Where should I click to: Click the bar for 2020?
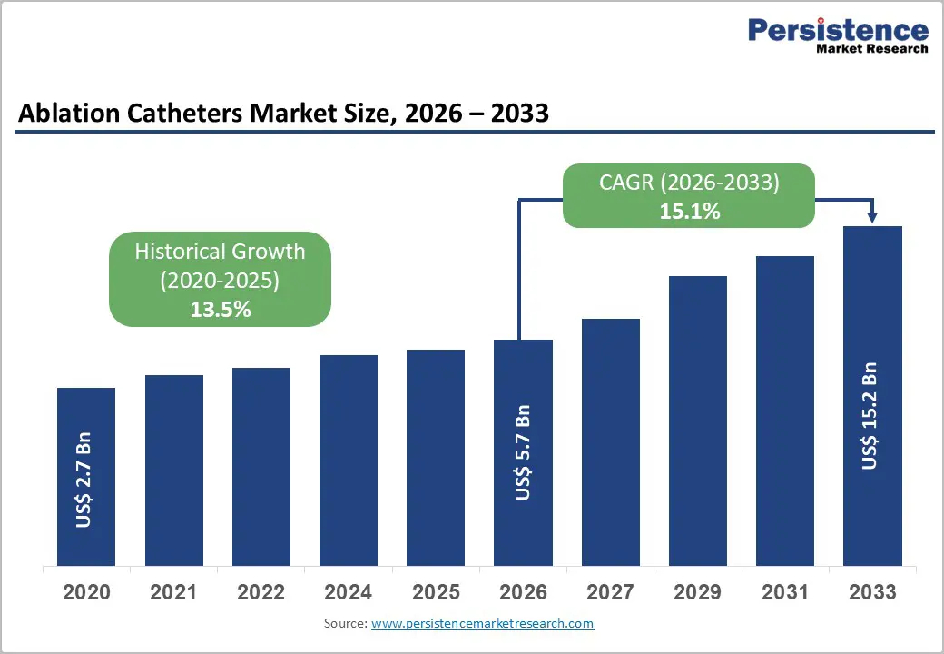pyautogui.click(x=86, y=477)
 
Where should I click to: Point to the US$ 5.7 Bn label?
pyautogui.click(x=523, y=452)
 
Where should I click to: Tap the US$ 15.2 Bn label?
pyautogui.click(x=871, y=416)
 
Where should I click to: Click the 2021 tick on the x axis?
pyautogui.click(x=174, y=593)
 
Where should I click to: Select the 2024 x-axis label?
pyautogui.click(x=349, y=593)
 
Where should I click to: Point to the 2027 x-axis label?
pyautogui.click(x=610, y=593)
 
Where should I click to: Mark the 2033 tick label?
pyautogui.click(x=871, y=593)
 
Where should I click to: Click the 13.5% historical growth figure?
pyautogui.click(x=220, y=309)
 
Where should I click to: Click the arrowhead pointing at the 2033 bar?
pyautogui.click(x=872, y=218)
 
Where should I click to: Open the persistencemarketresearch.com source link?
pyautogui.click(x=482, y=624)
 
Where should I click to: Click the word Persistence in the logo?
pyautogui.click(x=838, y=30)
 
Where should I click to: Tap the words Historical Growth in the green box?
pyautogui.click(x=220, y=252)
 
